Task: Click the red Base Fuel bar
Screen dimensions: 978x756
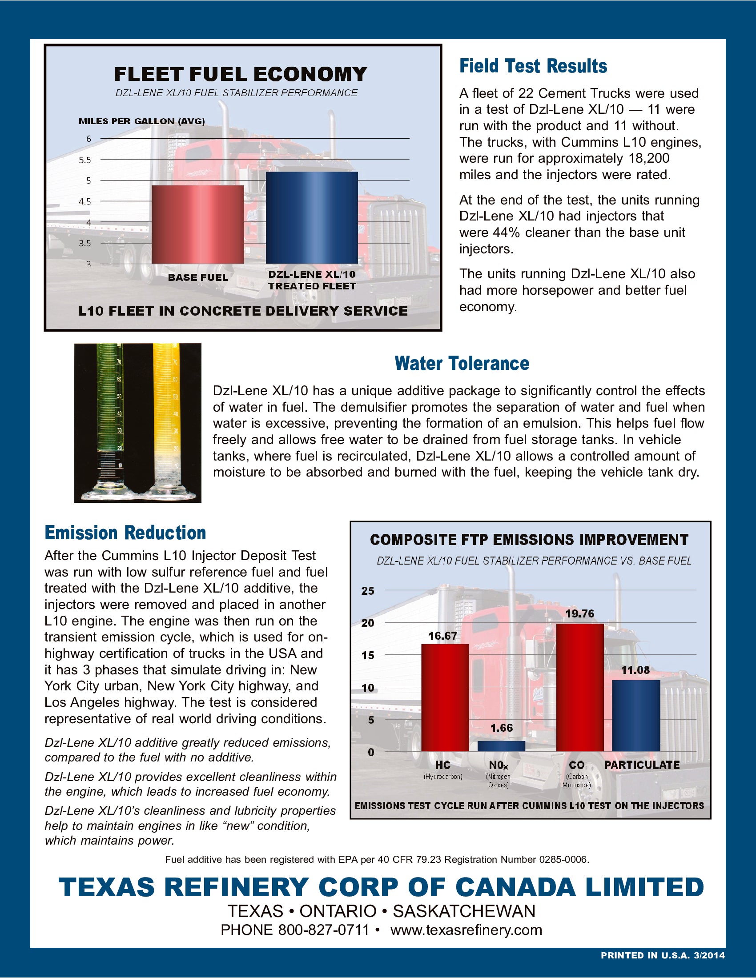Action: (197, 224)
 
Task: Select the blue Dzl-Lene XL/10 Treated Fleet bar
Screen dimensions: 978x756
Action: (312, 218)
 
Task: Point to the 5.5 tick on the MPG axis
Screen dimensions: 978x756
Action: (84, 160)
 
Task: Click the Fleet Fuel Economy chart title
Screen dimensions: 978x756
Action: (240, 74)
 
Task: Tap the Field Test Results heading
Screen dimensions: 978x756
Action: (533, 66)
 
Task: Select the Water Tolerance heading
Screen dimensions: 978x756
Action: (462, 363)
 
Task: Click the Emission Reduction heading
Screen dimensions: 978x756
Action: (125, 533)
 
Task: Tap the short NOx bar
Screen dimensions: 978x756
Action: (501, 746)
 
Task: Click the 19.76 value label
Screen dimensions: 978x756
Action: (579, 613)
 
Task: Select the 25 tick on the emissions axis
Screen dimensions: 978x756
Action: (368, 591)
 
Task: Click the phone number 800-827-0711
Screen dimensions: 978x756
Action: (323, 930)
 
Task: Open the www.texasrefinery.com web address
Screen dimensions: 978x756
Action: (466, 930)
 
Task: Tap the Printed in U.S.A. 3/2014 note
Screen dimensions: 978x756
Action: (663, 955)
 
